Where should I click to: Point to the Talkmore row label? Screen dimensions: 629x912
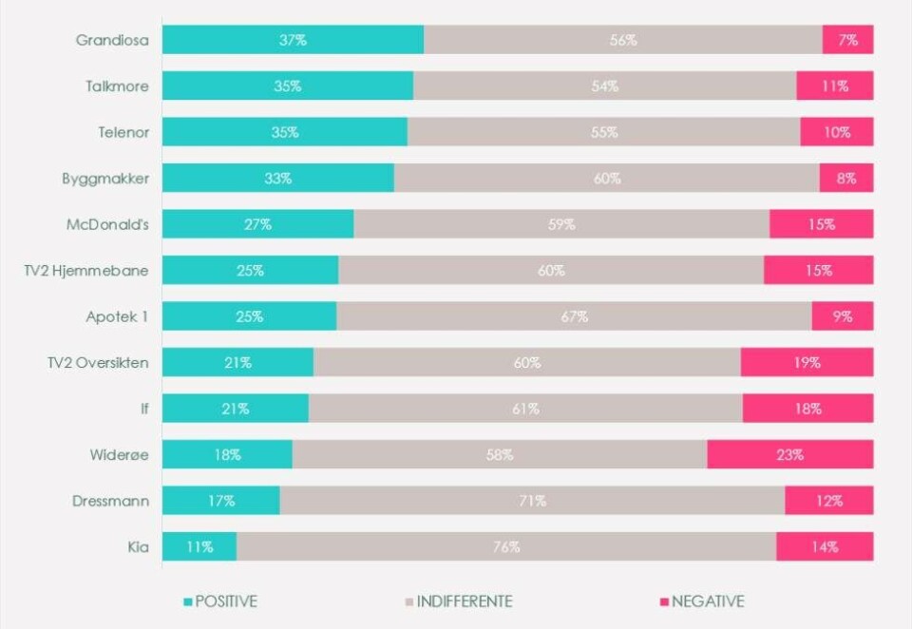pyautogui.click(x=117, y=86)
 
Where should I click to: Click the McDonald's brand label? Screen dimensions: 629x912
pyautogui.click(x=107, y=225)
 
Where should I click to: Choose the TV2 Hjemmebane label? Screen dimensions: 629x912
pyautogui.click(x=86, y=271)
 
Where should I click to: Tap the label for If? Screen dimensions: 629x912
pyautogui.click(x=143, y=410)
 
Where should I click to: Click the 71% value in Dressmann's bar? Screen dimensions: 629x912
pyautogui.click(x=532, y=501)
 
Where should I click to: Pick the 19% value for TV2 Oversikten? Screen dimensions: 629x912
pyautogui.click(x=807, y=363)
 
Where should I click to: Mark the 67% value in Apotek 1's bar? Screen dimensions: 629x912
pyautogui.click(x=574, y=317)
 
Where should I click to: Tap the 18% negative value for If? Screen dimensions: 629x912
pyautogui.click(x=807, y=410)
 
